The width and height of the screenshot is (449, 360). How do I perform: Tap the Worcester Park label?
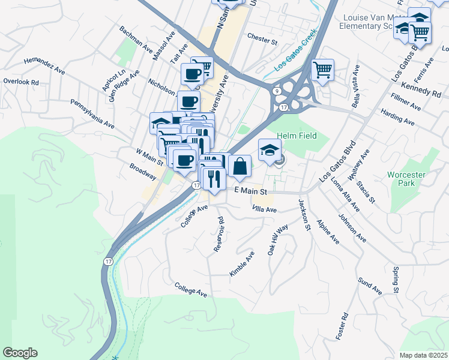click(x=407, y=179)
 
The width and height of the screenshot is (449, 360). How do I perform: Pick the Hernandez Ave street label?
click(x=44, y=65)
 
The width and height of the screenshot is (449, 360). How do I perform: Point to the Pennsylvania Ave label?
click(x=92, y=114)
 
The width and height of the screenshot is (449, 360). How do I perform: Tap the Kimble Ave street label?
click(x=242, y=263)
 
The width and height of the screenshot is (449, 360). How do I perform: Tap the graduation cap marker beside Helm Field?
click(x=270, y=150)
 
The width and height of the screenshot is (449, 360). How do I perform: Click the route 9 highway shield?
click(x=277, y=91)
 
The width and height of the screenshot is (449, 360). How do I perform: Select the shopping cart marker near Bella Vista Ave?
click(x=323, y=70)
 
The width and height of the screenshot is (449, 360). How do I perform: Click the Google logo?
click(x=20, y=353)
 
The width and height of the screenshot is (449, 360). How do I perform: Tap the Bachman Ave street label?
click(x=136, y=40)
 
